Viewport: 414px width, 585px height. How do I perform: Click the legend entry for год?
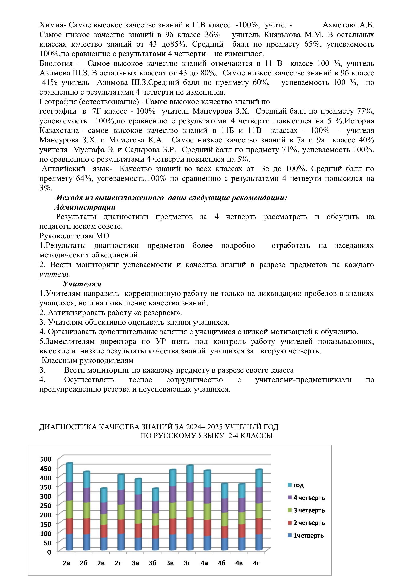point(298,485)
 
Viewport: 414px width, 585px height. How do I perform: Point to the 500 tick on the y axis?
point(46,459)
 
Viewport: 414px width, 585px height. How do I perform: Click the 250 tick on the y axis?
point(46,506)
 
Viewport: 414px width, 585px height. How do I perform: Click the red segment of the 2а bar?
point(69,526)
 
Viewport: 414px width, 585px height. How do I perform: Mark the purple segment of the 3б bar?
point(155,507)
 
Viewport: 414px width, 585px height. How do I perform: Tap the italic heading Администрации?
point(85,207)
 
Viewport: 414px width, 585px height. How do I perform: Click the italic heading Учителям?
point(82,284)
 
